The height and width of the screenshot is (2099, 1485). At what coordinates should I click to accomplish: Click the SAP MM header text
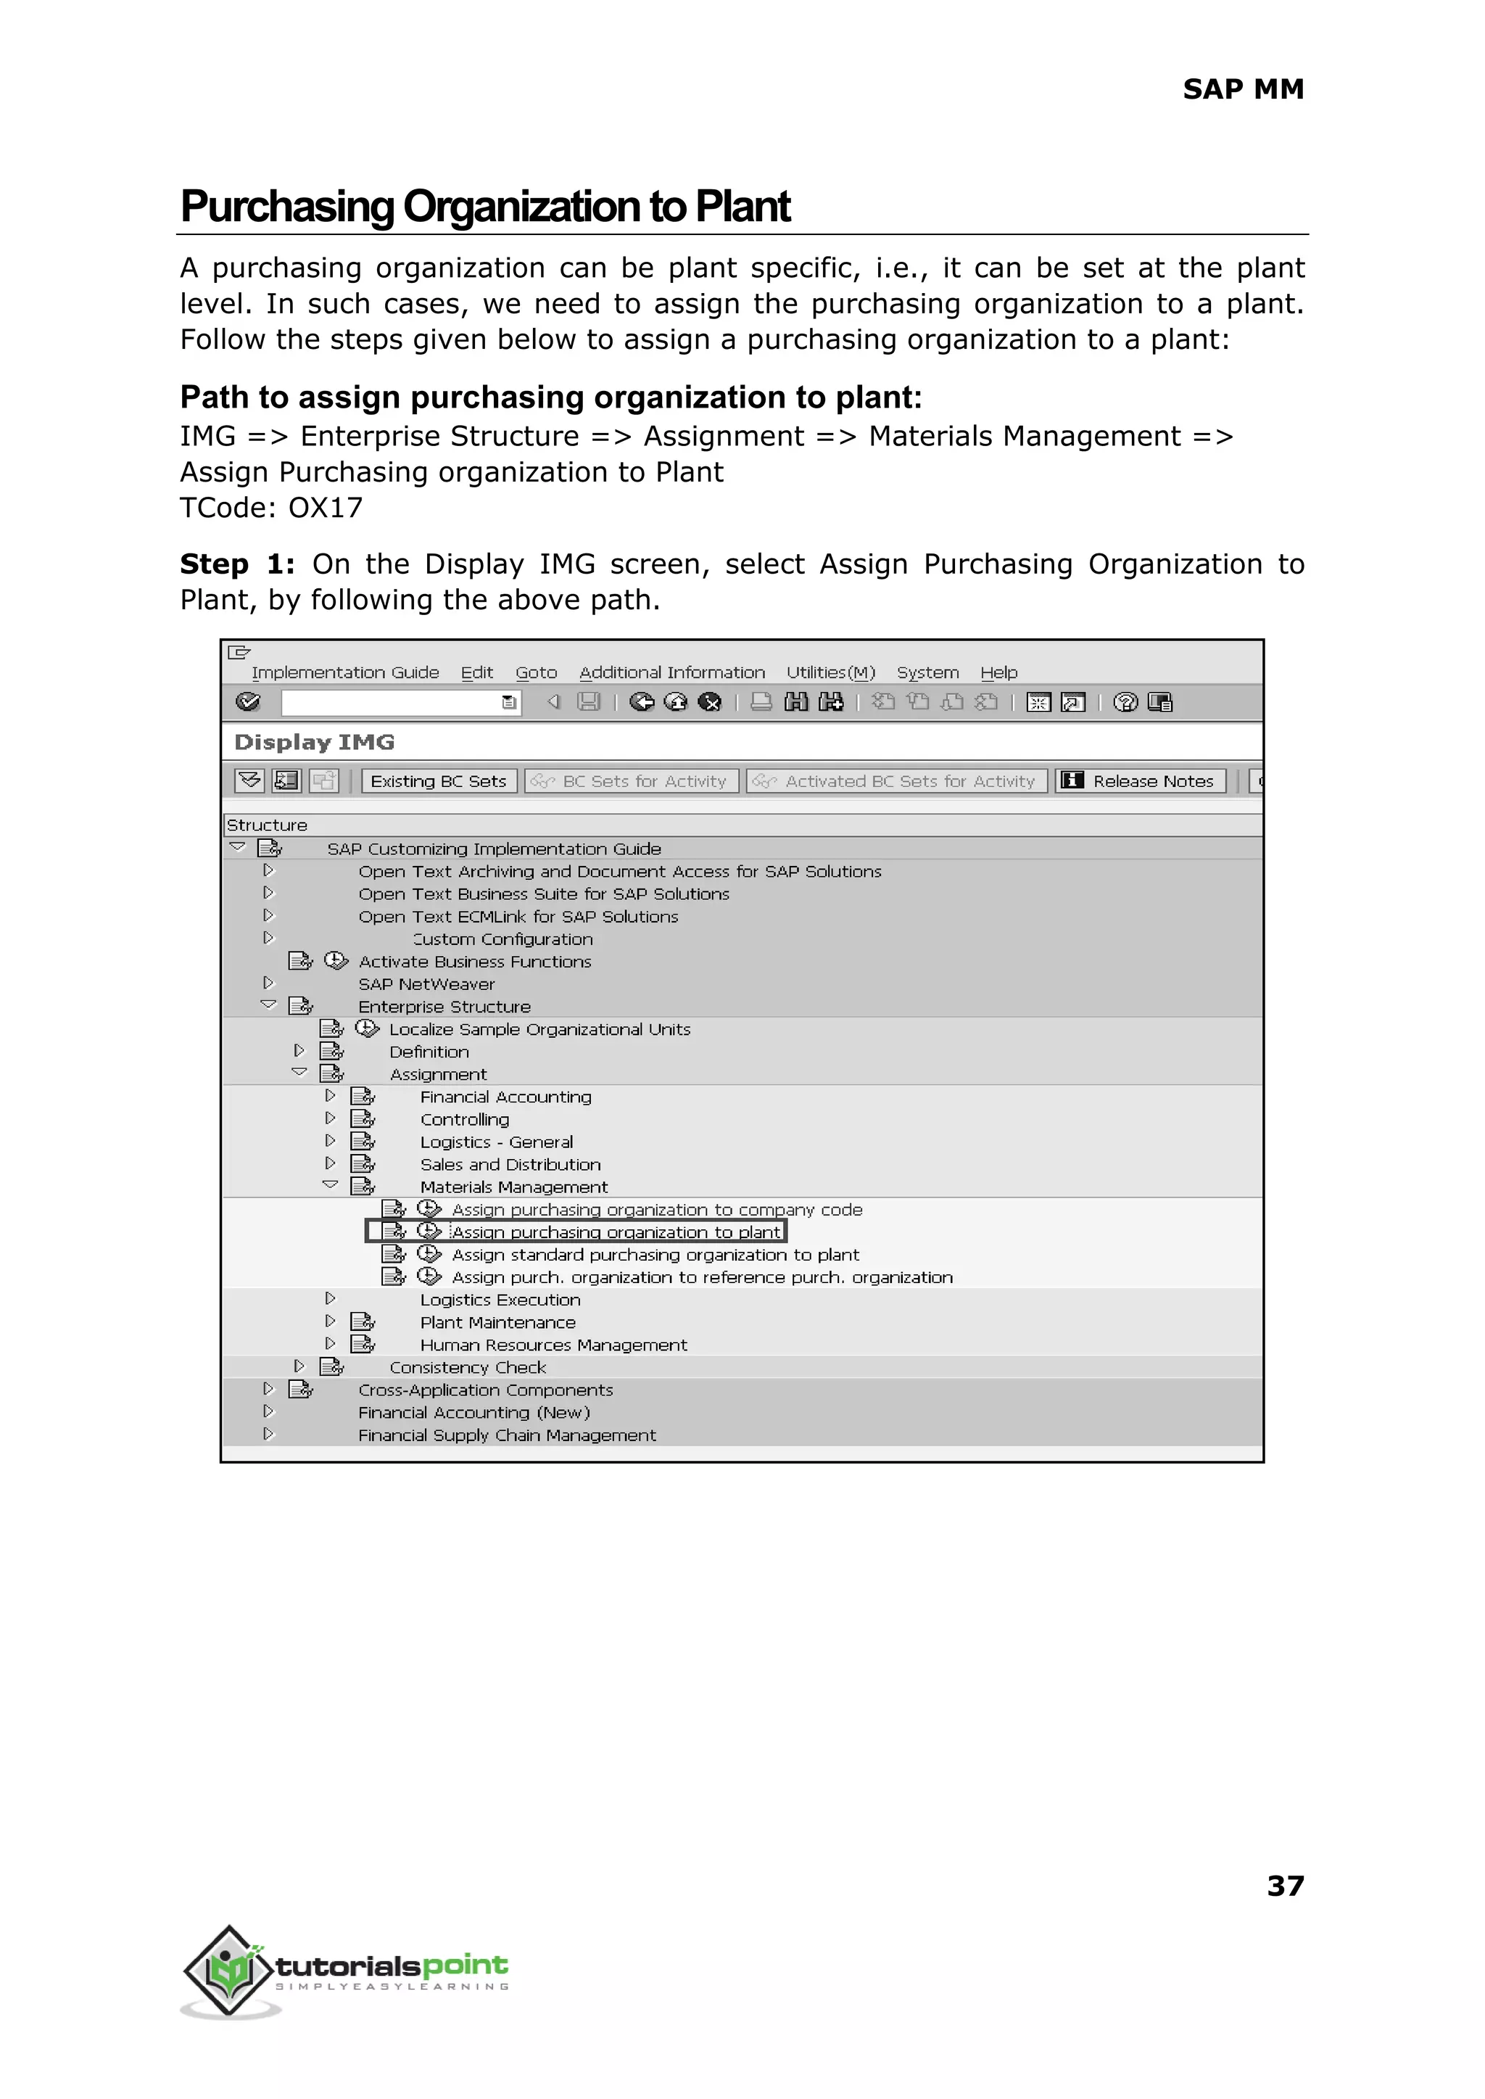coord(1243,90)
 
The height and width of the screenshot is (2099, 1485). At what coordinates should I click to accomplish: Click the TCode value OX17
coord(326,508)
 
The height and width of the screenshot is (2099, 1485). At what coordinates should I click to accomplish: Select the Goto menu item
coord(536,672)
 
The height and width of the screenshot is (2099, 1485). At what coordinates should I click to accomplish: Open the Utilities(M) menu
coord(830,672)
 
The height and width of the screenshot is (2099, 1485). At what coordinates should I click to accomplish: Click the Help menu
coord(998,672)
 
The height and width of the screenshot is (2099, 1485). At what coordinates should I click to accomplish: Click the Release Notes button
coord(1141,781)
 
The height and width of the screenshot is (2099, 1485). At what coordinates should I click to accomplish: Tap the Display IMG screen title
coord(315,742)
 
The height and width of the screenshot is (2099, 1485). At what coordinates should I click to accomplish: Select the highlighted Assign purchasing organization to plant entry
coord(616,1232)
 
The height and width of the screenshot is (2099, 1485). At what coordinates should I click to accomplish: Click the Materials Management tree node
coord(514,1187)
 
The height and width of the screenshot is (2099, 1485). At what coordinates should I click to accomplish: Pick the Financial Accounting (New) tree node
coord(473,1412)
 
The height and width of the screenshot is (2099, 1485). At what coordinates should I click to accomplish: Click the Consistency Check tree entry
coord(467,1367)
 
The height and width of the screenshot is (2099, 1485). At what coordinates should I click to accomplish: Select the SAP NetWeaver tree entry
coord(426,984)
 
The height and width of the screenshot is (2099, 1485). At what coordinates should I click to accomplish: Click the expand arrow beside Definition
coord(299,1051)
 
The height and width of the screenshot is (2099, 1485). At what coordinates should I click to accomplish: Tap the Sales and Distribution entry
coord(510,1164)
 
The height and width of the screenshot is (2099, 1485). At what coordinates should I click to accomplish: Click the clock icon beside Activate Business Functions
coord(336,961)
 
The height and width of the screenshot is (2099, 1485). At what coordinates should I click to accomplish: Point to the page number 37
coord(1285,1886)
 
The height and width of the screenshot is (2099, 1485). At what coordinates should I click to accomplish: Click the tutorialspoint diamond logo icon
coord(228,1969)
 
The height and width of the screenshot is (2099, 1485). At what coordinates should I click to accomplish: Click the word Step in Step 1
coord(214,564)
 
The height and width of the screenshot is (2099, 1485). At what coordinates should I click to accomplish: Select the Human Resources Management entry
coord(553,1345)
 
